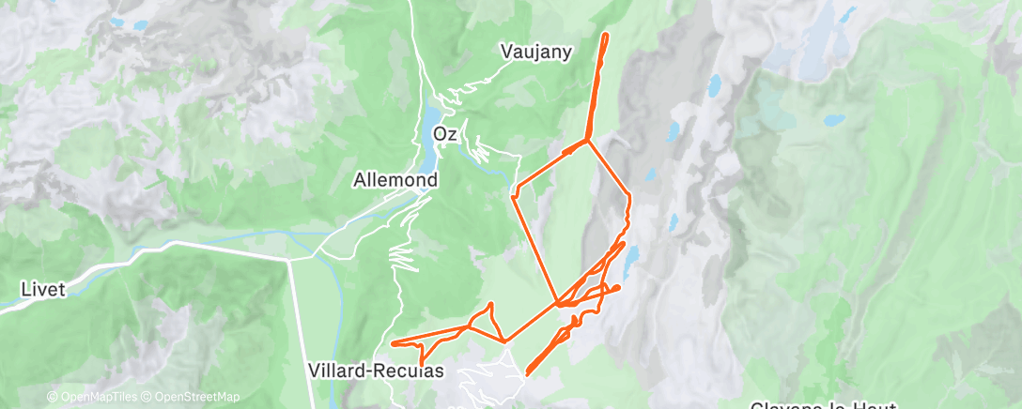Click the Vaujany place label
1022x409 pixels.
pos(536,53)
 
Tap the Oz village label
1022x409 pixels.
pos(444,134)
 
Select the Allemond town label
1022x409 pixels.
pos(395,179)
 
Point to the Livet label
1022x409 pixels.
pos(43,290)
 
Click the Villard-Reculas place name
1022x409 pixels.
pos(375,371)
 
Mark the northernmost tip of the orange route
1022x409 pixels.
pos(605,35)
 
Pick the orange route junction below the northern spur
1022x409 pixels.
pos(587,141)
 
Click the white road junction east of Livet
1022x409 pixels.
pos(286,259)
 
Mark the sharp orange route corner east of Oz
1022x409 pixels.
pos(513,196)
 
